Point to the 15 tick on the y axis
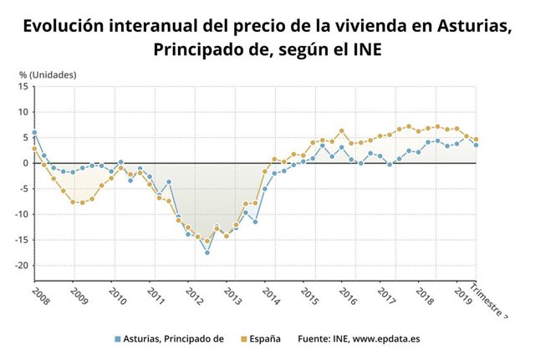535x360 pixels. point(23,86)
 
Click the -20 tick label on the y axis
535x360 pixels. point(21,266)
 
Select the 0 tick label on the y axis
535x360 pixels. point(26,163)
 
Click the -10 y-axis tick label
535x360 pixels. point(21,215)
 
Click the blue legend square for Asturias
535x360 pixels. point(118,339)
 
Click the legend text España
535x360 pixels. point(264,339)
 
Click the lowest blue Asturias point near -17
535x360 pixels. point(207,252)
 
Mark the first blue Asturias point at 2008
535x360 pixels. point(34,133)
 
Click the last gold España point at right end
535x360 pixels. point(476,139)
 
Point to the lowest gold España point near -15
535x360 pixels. point(207,241)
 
